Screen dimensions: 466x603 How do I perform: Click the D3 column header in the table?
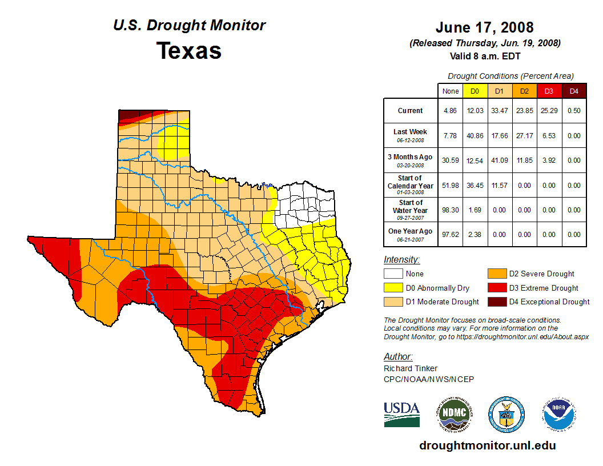coord(549,91)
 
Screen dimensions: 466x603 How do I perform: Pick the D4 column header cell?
coord(574,91)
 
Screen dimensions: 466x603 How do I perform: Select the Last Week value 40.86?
coord(475,136)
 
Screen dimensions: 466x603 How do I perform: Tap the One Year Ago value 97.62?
coord(451,234)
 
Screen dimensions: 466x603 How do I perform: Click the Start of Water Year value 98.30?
coord(451,210)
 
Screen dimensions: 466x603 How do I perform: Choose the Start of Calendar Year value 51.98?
coord(451,185)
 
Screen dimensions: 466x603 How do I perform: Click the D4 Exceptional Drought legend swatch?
coord(496,302)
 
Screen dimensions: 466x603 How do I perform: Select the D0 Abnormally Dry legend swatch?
coord(393,288)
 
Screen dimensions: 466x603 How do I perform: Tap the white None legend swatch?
coord(393,274)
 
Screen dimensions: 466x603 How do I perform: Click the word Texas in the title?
coord(189,50)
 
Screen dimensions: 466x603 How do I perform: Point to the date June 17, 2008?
coord(484,27)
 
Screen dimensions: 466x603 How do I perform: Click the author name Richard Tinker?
coord(411,368)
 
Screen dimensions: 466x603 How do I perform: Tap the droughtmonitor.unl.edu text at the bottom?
coord(487,445)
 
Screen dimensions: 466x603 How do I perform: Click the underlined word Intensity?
coord(401,260)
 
